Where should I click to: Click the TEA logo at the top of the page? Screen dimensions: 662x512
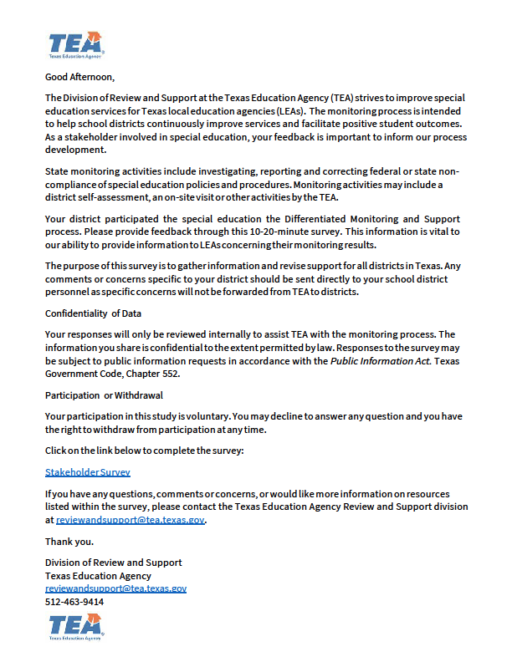[x=75, y=44]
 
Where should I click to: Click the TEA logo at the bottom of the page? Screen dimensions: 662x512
[x=75, y=626]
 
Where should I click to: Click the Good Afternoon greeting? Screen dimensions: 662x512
[x=79, y=77]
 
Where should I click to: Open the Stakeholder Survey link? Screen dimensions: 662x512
[x=88, y=472]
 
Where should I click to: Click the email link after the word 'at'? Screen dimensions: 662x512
[x=130, y=519]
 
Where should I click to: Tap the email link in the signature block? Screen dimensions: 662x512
[x=115, y=588]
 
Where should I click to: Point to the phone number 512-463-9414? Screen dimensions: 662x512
[x=74, y=602]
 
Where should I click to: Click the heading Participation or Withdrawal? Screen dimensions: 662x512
[x=104, y=394]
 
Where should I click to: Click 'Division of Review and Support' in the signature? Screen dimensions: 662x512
[x=113, y=563]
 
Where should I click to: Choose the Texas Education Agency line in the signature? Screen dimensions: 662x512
[x=98, y=576]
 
